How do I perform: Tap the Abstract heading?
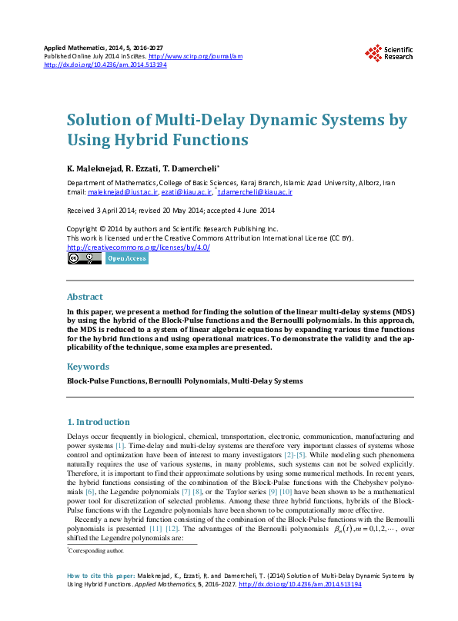(84, 297)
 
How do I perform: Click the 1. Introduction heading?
(99, 422)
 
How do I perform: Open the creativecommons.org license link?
(139, 247)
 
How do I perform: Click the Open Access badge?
(126, 259)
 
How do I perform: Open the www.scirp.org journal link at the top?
(195, 57)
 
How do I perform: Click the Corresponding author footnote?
(95, 551)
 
